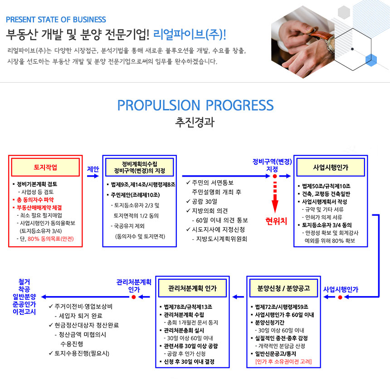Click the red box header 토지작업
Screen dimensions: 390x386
[45, 167]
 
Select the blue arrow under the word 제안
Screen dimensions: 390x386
[93, 176]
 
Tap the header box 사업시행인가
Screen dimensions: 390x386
[331, 167]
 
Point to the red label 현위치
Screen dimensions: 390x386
[276, 221]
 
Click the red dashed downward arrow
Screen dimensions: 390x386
[275, 197]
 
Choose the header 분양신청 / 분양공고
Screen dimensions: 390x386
[283, 288]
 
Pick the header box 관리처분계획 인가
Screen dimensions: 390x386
[193, 288]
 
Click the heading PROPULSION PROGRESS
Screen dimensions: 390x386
[195, 105]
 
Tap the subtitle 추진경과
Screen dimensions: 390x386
[195, 122]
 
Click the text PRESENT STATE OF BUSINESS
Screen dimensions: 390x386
[56, 20]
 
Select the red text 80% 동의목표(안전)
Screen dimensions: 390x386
[50, 238]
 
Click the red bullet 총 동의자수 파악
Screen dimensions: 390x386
[33, 200]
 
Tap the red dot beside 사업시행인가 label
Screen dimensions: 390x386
[340, 297]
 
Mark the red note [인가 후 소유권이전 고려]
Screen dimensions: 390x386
[283, 361]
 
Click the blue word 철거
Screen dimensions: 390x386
[24, 282]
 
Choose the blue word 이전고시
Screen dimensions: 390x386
[24, 312]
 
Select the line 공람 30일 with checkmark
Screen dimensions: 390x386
[202, 201]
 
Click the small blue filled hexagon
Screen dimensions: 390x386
[371, 60]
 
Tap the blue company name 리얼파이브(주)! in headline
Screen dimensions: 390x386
[190, 35]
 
